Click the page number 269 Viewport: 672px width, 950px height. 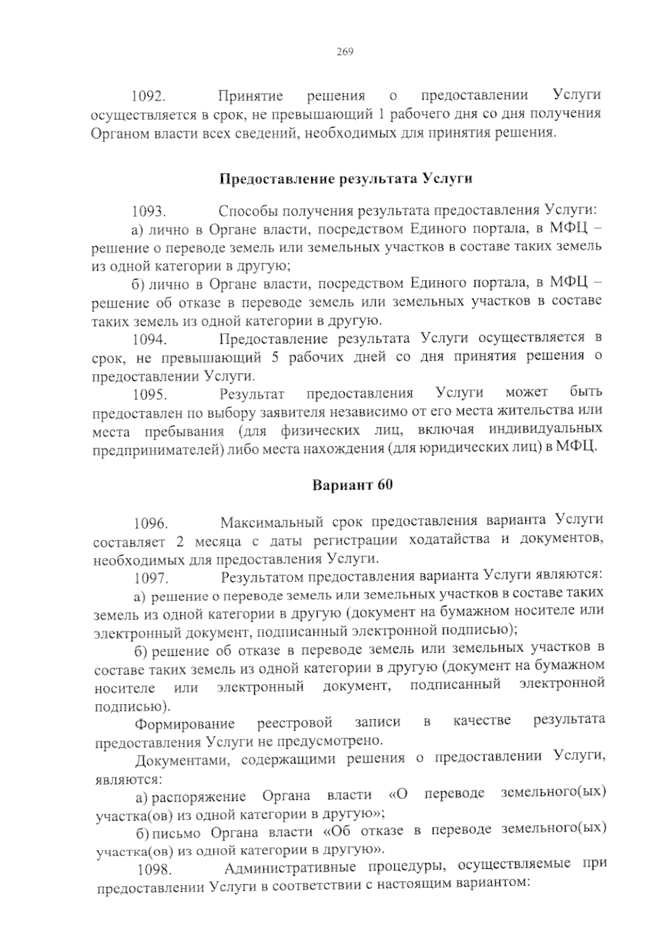tap(345, 53)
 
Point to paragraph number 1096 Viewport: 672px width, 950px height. tap(150, 524)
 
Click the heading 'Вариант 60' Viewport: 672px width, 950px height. tap(352, 485)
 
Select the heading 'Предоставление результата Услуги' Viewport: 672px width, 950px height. tap(345, 179)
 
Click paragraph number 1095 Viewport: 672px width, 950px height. tap(149, 395)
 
